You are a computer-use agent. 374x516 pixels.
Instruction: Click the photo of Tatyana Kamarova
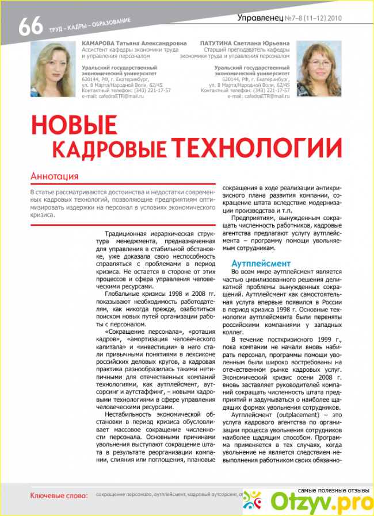53,69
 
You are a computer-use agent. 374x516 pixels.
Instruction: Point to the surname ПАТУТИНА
222,43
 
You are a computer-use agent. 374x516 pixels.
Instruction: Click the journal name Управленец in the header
261,18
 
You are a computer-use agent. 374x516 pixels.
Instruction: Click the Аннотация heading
54,176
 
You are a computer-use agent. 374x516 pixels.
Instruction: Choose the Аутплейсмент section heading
255,263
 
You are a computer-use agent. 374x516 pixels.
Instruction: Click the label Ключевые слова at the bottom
59,495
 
